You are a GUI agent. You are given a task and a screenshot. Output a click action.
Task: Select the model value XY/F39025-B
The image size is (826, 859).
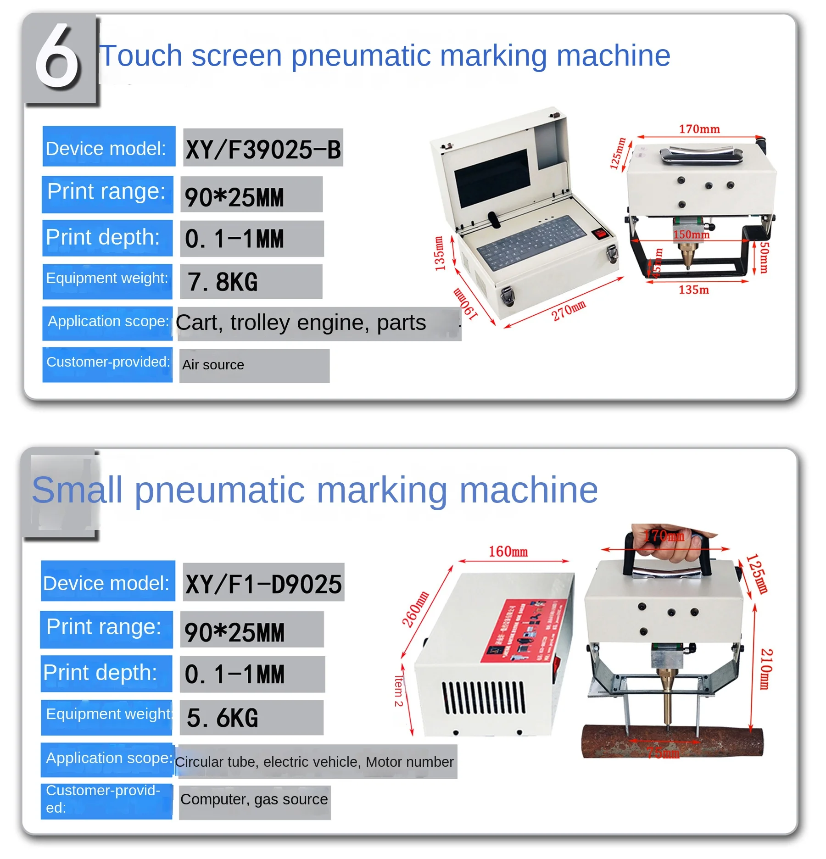tap(263, 149)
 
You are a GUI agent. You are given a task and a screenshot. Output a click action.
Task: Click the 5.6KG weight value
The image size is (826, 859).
tap(223, 717)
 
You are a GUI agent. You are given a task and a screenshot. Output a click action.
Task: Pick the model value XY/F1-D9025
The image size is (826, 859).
tap(263, 584)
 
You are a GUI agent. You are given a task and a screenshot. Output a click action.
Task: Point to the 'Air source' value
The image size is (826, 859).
tap(213, 365)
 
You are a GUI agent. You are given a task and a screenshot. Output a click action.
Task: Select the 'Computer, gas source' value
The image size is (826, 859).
tap(254, 799)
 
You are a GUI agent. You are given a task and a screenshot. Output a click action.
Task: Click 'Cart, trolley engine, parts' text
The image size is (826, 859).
tap(301, 323)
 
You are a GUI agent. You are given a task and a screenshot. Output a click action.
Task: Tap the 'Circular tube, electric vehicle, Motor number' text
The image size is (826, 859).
tap(314, 762)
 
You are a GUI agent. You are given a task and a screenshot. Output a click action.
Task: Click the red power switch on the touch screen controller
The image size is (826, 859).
tap(600, 233)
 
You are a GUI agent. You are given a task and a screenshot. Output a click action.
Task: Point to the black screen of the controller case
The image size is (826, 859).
tap(491, 177)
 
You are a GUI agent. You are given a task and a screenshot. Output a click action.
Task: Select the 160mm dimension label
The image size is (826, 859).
tap(508, 551)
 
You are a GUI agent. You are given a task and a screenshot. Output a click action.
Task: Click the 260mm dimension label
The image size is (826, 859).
tap(415, 609)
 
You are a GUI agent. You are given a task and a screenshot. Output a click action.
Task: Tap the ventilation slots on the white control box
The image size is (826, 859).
tap(483, 697)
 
